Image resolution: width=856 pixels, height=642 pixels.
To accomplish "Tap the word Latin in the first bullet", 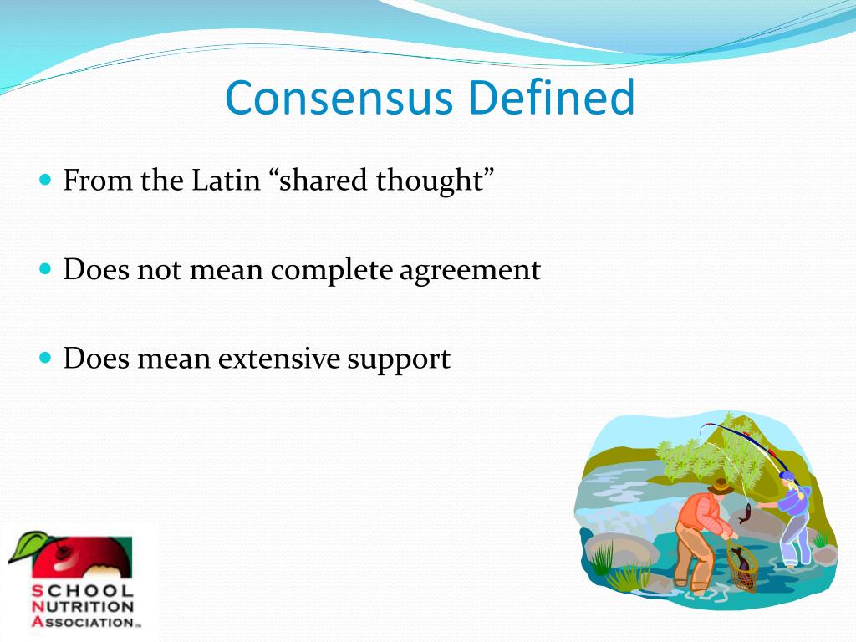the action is (226, 180).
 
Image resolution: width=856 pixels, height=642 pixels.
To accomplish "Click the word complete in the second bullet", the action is (332, 270).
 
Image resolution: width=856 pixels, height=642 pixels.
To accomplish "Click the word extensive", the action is (279, 359).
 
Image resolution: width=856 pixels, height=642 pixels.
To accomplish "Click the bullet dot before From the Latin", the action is (46, 179).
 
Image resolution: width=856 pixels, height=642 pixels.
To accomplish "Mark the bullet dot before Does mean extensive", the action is (46, 358).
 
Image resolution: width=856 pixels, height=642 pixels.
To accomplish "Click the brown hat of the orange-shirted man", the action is (721, 486).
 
